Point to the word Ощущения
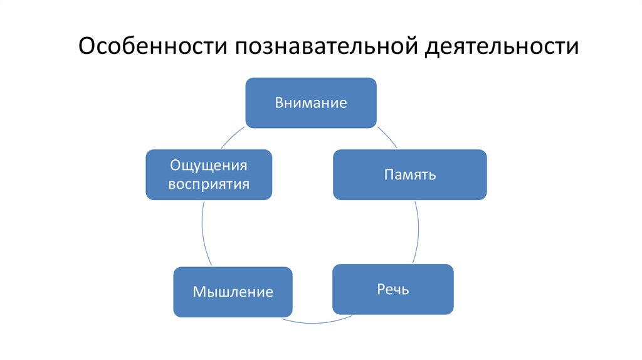pos(209,166)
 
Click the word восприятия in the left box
pos(209,184)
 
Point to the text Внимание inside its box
pos(310,103)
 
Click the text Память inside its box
pos(410,175)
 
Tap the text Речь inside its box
pos(393,290)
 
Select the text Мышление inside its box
pos(233,292)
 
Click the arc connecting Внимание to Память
pos(389,138)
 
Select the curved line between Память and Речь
pos(418,232)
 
